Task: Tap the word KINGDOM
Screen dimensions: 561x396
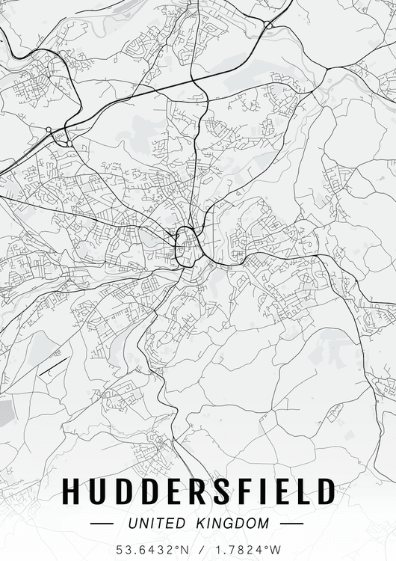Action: tap(233, 524)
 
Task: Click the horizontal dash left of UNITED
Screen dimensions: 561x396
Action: tap(102, 524)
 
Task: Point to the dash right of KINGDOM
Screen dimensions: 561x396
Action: tap(291, 524)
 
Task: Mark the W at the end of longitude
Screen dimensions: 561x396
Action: tap(275, 549)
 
